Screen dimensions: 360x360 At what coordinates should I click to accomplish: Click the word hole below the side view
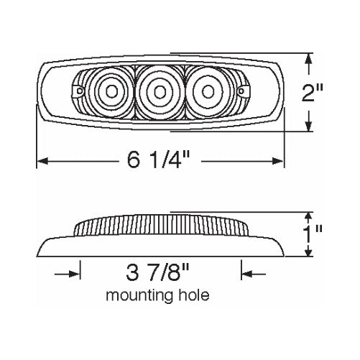click(195, 295)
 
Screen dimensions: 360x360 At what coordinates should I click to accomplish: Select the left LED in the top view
click(113, 91)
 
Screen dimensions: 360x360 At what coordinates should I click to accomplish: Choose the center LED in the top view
click(160, 91)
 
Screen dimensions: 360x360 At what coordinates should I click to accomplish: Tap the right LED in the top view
click(207, 91)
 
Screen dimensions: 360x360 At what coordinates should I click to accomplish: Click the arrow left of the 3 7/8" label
click(73, 274)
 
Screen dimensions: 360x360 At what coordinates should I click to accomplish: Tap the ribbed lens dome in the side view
click(160, 228)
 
